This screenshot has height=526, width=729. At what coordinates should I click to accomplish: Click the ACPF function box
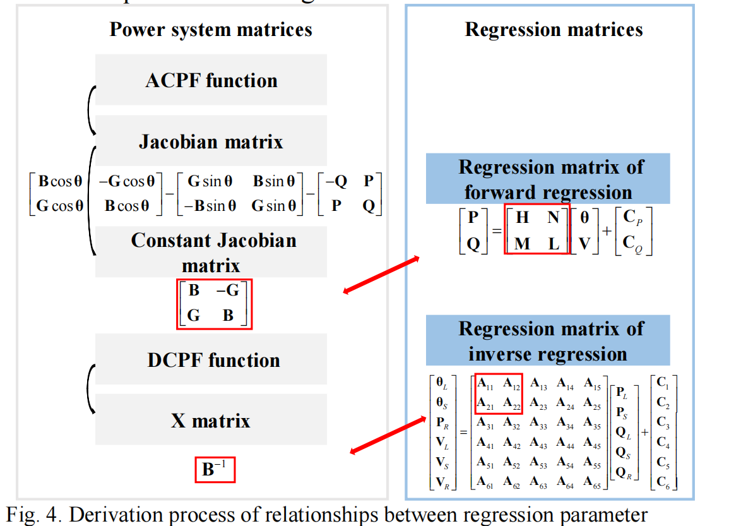click(211, 80)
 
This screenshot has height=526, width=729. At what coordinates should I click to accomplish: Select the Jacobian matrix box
click(211, 141)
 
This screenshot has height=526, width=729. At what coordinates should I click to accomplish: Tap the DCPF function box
click(213, 360)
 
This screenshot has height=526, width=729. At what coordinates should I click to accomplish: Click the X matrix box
click(211, 421)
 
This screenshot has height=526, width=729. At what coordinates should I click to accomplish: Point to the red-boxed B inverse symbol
click(215, 469)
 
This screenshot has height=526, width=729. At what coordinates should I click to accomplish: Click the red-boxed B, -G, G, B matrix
click(214, 304)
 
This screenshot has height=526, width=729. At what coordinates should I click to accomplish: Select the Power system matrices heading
click(211, 29)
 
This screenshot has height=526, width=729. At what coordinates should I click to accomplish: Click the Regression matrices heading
click(554, 29)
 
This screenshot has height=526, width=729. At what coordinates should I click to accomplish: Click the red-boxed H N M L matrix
click(537, 230)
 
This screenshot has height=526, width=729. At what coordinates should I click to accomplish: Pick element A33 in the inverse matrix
click(538, 423)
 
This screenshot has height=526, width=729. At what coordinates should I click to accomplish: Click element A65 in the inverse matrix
click(592, 483)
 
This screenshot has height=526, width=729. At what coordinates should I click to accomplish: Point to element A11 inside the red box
click(485, 384)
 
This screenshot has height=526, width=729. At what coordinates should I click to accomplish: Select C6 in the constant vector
click(664, 483)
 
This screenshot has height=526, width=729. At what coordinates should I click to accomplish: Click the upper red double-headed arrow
click(381, 274)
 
